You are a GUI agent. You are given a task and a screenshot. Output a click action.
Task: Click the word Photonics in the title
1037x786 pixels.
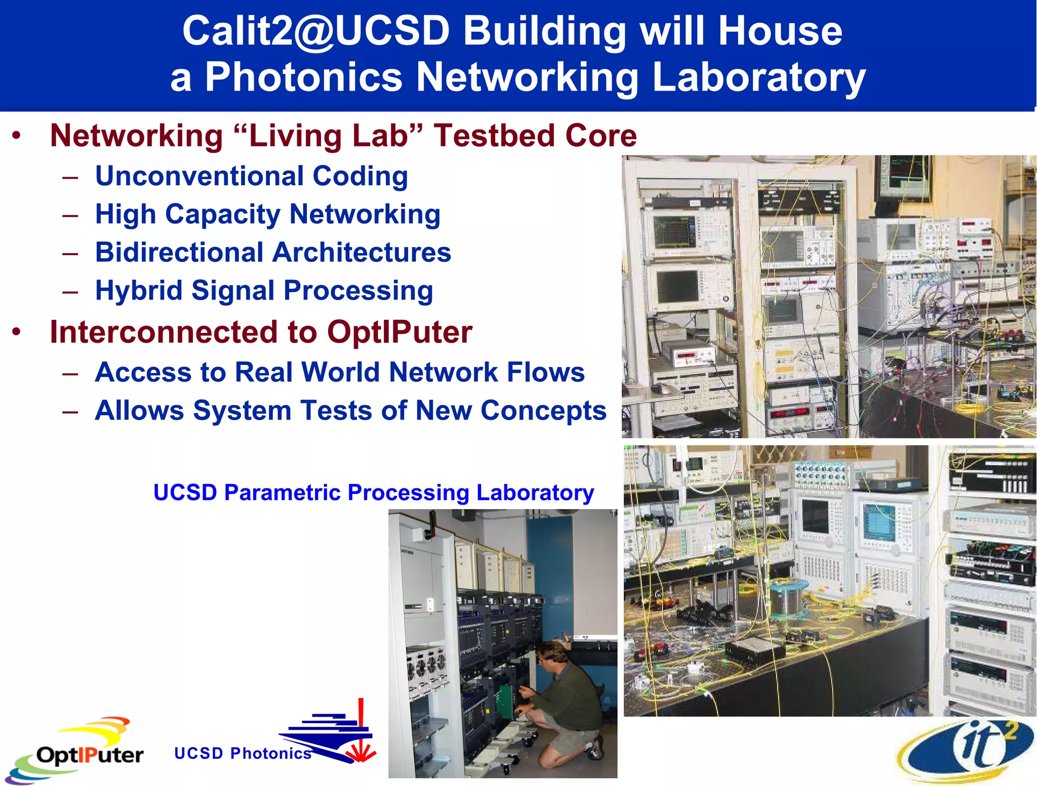303,77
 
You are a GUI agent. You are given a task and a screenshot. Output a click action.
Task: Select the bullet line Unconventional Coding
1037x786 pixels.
251,176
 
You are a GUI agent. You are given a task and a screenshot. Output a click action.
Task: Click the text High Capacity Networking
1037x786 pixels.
267,214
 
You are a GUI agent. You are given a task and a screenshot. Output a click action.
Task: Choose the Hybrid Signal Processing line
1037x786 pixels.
264,291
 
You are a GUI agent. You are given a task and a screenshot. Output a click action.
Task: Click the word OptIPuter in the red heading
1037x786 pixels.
400,333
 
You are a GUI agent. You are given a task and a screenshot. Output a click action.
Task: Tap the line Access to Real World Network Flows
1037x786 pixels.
339,372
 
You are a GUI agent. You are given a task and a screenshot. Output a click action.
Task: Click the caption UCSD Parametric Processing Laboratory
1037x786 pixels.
374,492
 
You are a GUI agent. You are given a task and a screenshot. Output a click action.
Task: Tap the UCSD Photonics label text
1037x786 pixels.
243,753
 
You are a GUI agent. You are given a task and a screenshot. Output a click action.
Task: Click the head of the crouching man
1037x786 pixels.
550,655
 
